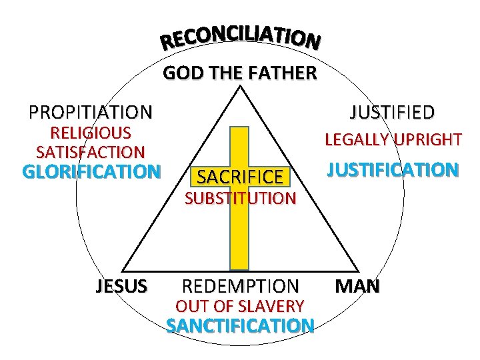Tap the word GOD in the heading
179,73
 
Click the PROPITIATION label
90,111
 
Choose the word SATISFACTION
91,152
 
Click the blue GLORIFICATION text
92,172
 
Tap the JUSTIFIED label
392,111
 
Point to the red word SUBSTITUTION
240,198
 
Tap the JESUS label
121,287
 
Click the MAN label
357,287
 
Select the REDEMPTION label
241,287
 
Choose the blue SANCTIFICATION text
241,326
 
